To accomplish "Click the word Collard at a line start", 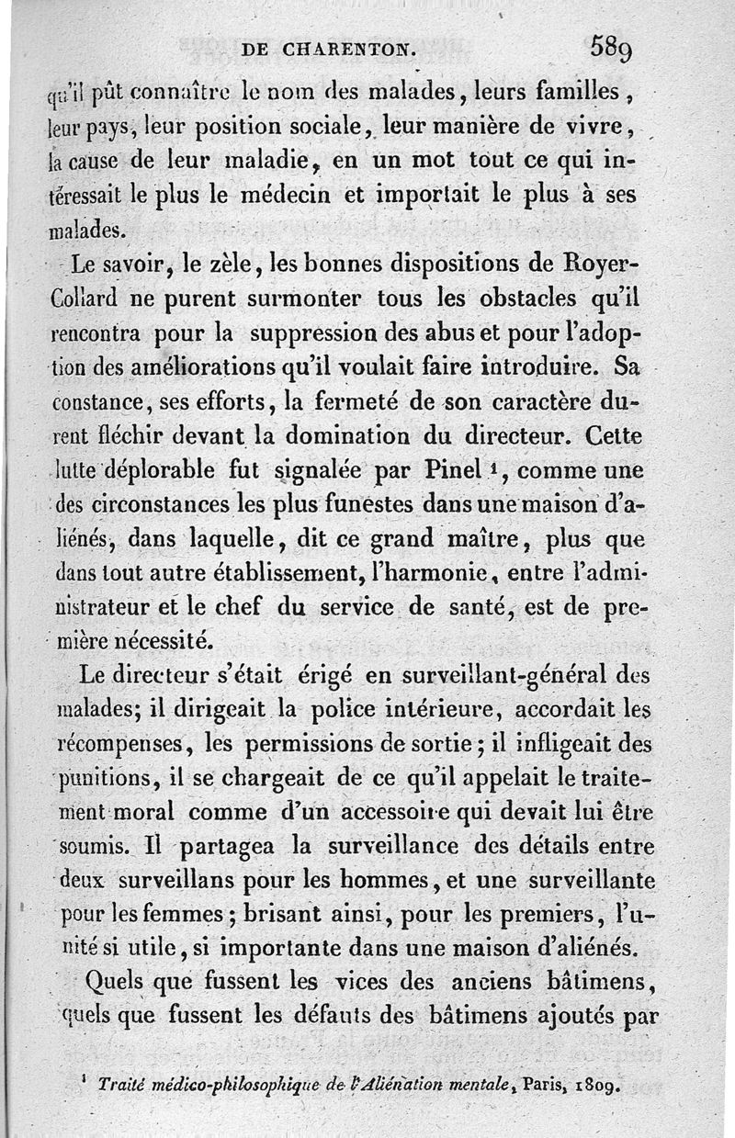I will pyautogui.click(x=85, y=299).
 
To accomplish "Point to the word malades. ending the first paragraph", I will pyautogui.click(x=89, y=227).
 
